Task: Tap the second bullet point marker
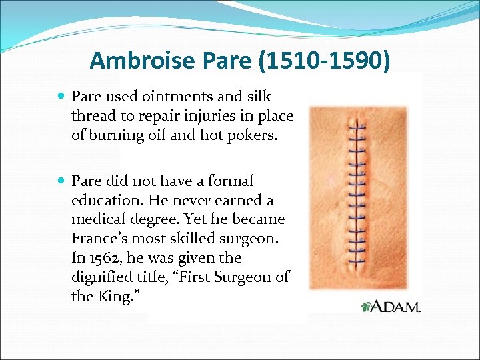pyautogui.click(x=61, y=181)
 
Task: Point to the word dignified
pyautogui.click(x=99, y=277)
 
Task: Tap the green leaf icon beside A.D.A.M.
pyautogui.click(x=365, y=307)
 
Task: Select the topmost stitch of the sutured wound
pyautogui.click(x=360, y=125)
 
